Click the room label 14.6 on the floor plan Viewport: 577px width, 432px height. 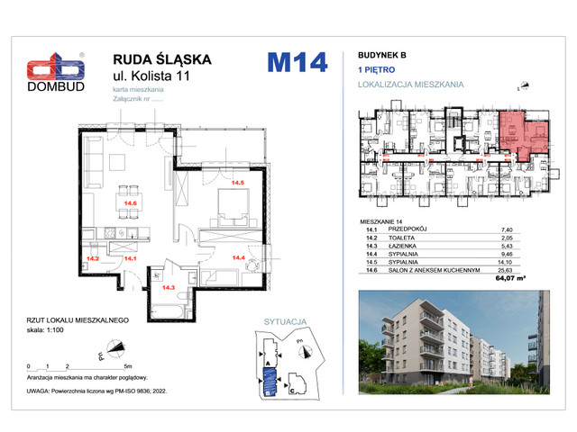click(x=130, y=203)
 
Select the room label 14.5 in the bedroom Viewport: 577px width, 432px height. click(x=238, y=184)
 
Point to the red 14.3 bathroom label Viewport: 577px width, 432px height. click(x=168, y=288)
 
